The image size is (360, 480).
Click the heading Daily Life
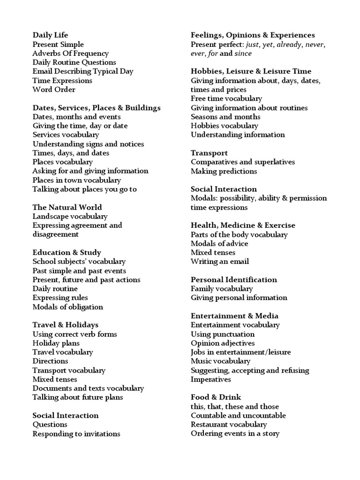pyautogui.click(x=50, y=35)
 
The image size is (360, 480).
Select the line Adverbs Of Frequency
pyautogui.click(x=70, y=53)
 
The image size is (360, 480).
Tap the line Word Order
pyautogui.click(x=54, y=90)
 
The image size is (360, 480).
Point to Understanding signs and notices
pyautogui.click(x=88, y=144)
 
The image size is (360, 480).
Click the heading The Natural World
pyautogui.click(x=67, y=207)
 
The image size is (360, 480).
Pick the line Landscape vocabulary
pyautogui.click(x=70, y=216)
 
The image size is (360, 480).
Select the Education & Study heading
pyautogui.click(x=67, y=253)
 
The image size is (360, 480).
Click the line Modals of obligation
pyautogui.click(x=67, y=307)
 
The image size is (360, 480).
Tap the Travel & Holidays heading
pyautogui.click(x=65, y=325)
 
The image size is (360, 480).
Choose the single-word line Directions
pyautogui.click(x=50, y=361)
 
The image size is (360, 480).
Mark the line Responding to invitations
pyautogui.click(x=76, y=434)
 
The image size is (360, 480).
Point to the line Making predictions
pyautogui.click(x=224, y=171)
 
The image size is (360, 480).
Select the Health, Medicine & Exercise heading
pyautogui.click(x=243, y=225)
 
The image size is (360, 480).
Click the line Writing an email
pyautogui.click(x=219, y=262)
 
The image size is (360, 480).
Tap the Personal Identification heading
pyautogui.click(x=234, y=280)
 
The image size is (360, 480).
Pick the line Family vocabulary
pyautogui.click(x=222, y=289)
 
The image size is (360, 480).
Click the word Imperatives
pyautogui.click(x=210, y=379)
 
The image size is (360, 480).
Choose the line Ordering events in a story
pyautogui.click(x=235, y=434)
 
